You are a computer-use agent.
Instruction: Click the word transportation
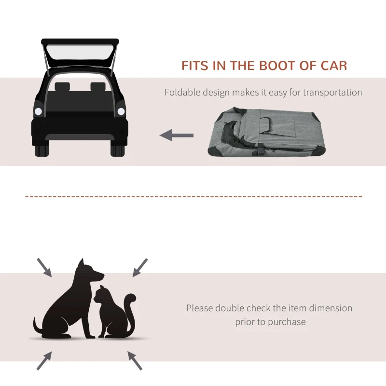coord(333,92)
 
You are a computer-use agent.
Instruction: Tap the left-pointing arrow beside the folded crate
coord(176,136)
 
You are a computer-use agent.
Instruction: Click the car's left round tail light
coord(38,111)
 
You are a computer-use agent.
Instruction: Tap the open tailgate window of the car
coord(80,54)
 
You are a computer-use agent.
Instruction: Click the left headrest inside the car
coord(62,88)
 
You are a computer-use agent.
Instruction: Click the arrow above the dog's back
coord(44,267)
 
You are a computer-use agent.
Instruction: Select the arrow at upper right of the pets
coord(140,267)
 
